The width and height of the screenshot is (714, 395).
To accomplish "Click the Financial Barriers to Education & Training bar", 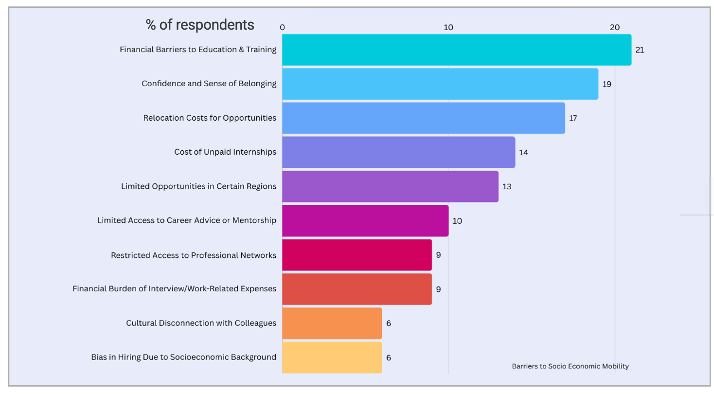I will coord(456,50).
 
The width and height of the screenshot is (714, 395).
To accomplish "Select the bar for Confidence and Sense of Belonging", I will coord(440,84).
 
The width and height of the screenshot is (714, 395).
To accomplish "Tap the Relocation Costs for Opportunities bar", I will coord(423,118).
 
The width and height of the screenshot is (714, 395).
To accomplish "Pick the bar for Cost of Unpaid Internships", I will coord(398,152).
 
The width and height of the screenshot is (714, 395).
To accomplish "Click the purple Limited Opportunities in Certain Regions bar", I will coord(390,186).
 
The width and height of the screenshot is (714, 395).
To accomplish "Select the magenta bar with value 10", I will coord(365,220).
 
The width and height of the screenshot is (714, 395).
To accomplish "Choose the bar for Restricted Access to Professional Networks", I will coord(357,255).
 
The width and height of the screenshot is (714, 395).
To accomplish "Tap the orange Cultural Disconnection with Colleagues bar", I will coord(332,323).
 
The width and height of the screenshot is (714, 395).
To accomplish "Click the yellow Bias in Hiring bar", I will coord(332,358).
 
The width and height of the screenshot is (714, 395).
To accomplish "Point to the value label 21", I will coord(640,50).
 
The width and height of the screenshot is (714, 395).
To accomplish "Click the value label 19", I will coord(607,84).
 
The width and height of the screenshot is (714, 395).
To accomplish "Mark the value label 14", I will coord(523,152).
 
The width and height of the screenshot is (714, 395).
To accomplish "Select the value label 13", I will coord(507,186).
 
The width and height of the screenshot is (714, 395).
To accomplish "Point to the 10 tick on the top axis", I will coord(448,27).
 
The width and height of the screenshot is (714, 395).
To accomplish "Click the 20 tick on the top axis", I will coord(615,27).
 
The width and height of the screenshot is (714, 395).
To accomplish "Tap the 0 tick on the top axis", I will coord(282,27).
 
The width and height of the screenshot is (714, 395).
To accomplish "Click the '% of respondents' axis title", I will coord(200,25).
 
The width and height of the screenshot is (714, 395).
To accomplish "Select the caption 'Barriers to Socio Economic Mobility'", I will coord(570,366).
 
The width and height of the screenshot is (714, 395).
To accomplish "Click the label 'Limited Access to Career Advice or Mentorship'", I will coord(187,220).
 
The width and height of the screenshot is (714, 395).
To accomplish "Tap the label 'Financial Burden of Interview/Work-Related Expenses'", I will coord(175,289).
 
